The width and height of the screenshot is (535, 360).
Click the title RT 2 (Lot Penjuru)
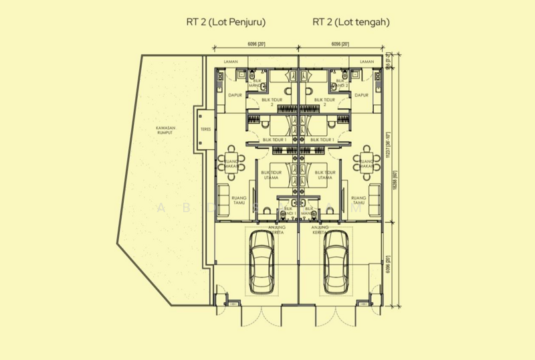pos(225,22)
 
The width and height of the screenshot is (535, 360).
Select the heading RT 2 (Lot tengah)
pos(350,22)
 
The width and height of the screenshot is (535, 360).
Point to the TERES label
pos(204,130)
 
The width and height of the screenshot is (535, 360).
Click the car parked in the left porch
pos(260,261)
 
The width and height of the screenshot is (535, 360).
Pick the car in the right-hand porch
pos(336,261)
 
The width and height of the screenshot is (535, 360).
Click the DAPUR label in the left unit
pos(235,95)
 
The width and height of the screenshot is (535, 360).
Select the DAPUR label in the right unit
pos(361,95)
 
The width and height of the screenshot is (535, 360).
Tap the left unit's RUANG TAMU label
pos(239,201)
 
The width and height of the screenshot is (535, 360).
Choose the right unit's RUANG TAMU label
pos(358,201)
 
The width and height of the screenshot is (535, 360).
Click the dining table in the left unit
pos(231,163)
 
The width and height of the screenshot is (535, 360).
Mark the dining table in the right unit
pos(365,163)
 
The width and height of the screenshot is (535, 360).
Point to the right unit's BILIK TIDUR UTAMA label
pos(324,175)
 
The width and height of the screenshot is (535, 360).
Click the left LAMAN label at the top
pos(231,61)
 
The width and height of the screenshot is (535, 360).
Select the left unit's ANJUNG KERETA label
pos(277,229)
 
